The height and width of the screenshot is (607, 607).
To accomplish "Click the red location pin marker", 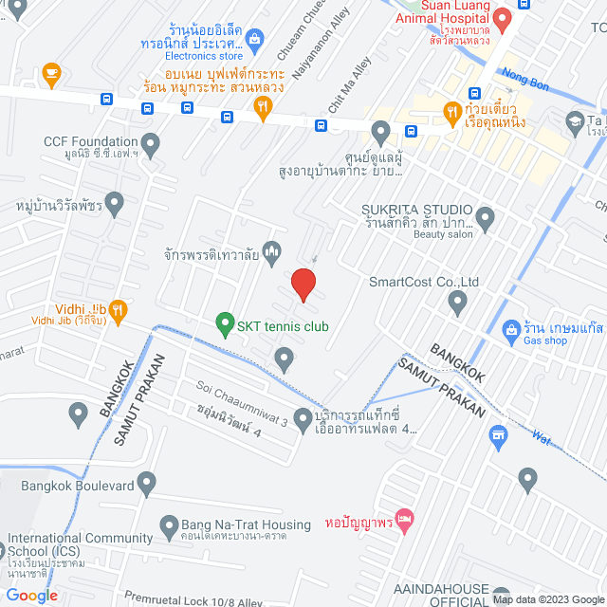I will tap(303, 284).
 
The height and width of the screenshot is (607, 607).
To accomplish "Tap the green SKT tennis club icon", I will tap(225, 325).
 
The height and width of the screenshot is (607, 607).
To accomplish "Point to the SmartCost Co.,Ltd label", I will tap(424, 282).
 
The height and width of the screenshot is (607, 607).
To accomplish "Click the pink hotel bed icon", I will tap(405, 519).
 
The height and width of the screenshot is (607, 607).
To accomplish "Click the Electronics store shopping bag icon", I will tap(253, 39).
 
